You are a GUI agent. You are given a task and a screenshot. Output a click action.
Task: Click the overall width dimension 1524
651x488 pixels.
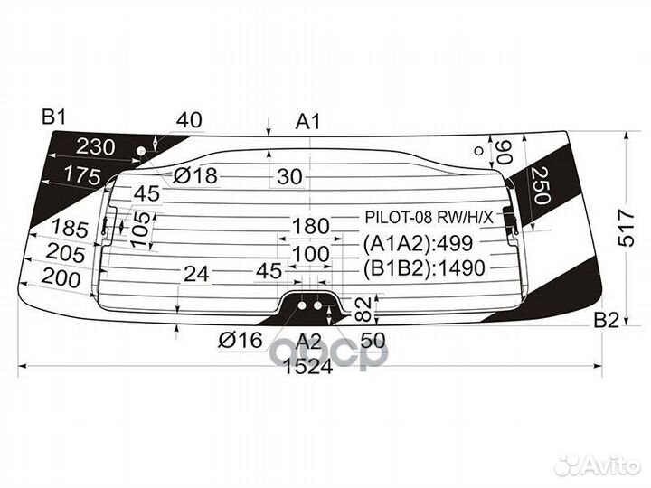pyautogui.click(x=308, y=366)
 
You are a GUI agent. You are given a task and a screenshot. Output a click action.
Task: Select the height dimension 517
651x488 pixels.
pyautogui.click(x=626, y=228)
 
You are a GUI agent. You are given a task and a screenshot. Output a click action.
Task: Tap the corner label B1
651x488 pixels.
pyautogui.click(x=54, y=117)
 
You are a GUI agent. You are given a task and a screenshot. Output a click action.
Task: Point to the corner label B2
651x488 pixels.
pyautogui.click(x=607, y=320)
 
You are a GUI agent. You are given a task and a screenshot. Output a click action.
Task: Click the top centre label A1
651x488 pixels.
pyautogui.click(x=308, y=122)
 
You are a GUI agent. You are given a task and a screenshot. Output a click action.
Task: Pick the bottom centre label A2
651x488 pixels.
pyautogui.click(x=308, y=342)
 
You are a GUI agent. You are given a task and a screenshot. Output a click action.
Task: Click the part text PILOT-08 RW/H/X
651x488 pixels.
pyautogui.click(x=429, y=217)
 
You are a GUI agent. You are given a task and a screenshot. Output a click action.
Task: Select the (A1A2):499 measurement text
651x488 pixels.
pyautogui.click(x=418, y=244)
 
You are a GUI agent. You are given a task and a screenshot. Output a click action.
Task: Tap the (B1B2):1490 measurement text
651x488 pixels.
pyautogui.click(x=424, y=268)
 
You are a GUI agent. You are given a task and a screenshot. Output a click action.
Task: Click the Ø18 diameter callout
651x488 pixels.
pyautogui.click(x=195, y=175)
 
